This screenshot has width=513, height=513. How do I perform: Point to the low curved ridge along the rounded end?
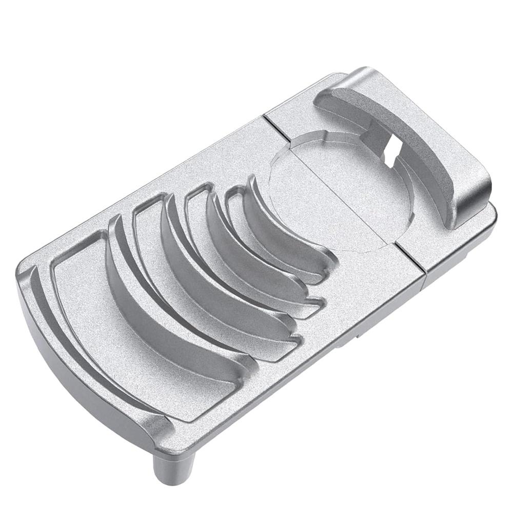(x=77, y=349)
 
